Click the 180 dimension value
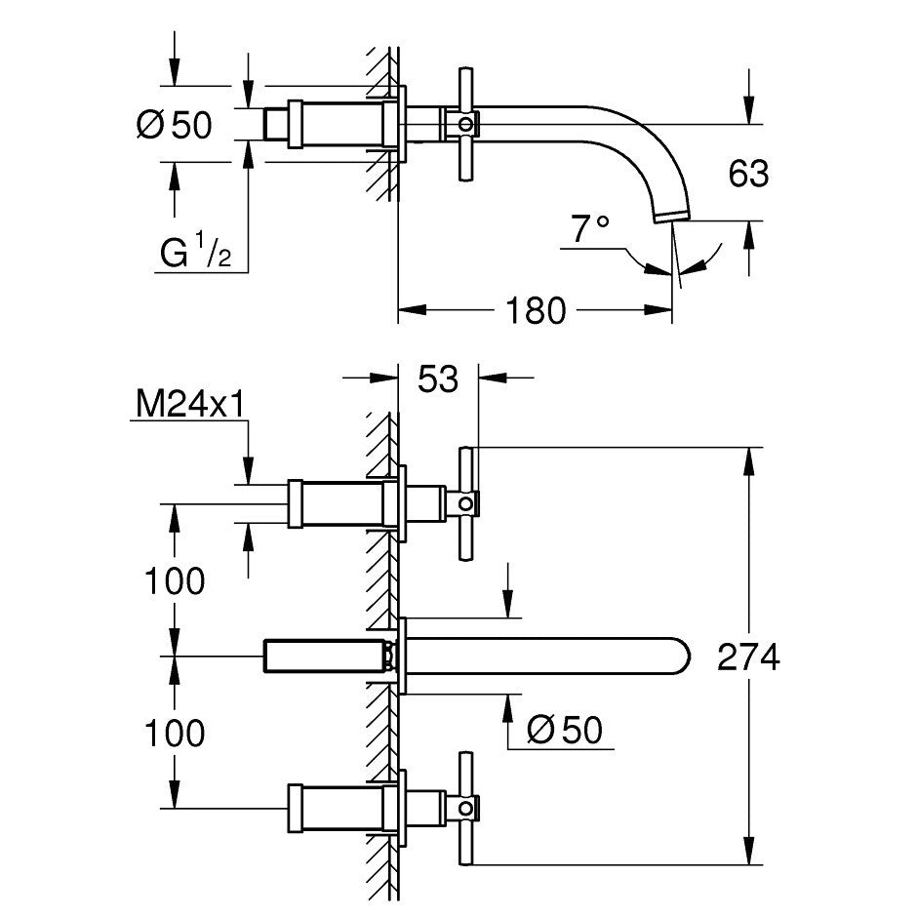click(536, 310)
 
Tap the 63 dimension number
click(748, 174)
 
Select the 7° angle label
click(590, 228)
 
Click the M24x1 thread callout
click(190, 405)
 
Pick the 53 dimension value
click(438, 379)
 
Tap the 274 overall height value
click(748, 657)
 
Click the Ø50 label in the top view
click(175, 125)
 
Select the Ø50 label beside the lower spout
click(565, 730)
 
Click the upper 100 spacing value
click(175, 580)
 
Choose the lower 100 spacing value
click(175, 733)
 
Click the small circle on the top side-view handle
click(465, 124)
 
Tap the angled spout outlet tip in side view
click(672, 218)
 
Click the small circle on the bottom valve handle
click(465, 808)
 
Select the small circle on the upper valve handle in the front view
click(465, 503)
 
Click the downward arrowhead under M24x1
click(249, 471)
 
